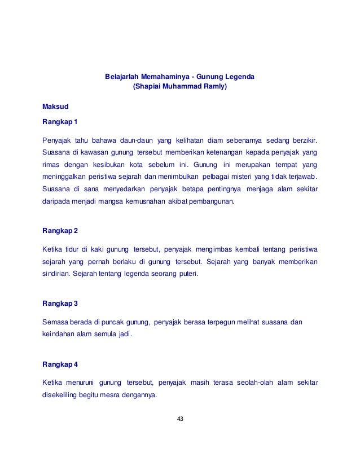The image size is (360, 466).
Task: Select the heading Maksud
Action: pyautogui.click(x=55, y=106)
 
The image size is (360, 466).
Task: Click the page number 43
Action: pyautogui.click(x=181, y=419)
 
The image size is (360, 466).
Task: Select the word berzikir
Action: pyautogui.click(x=303, y=139)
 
